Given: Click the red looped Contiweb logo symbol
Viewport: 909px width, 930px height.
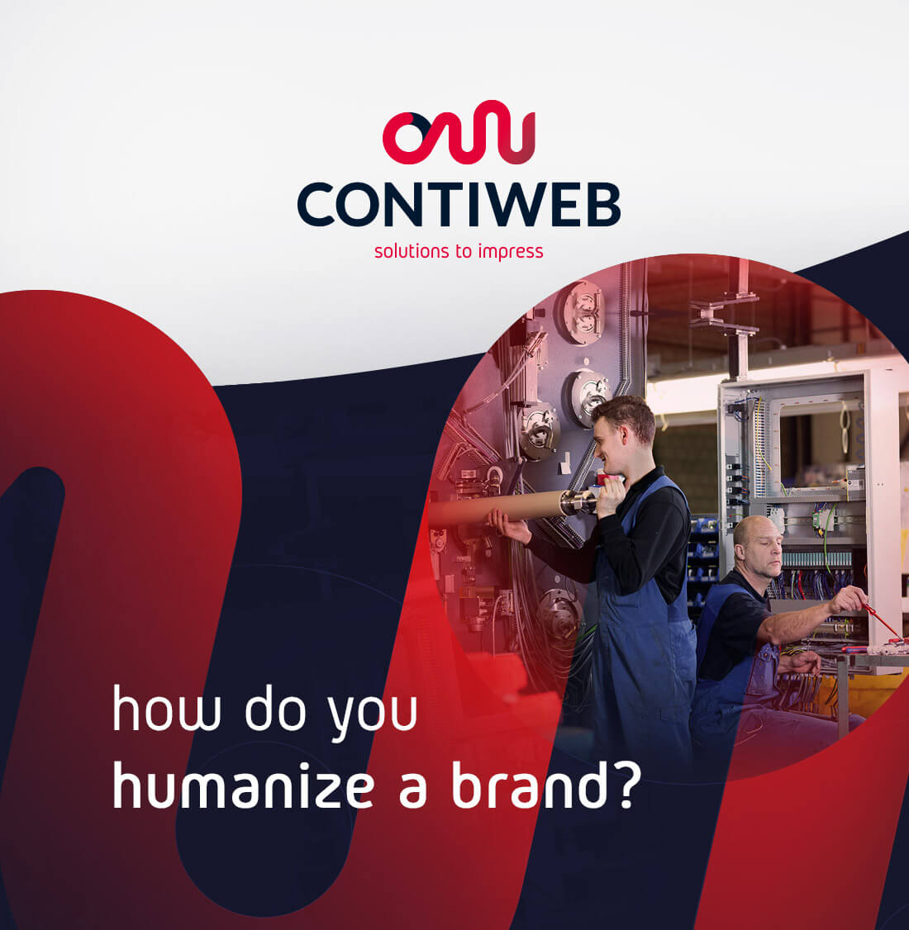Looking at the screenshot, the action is pos(459,132).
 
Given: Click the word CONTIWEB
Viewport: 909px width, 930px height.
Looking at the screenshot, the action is pos(459,205).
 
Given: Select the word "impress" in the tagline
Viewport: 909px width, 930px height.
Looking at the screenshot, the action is pos(510,251).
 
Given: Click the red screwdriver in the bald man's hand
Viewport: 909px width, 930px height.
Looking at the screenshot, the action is pos(883,622).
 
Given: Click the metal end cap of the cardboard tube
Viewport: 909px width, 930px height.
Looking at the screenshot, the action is pos(578,502).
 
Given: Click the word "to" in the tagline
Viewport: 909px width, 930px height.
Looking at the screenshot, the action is pos(464,251).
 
